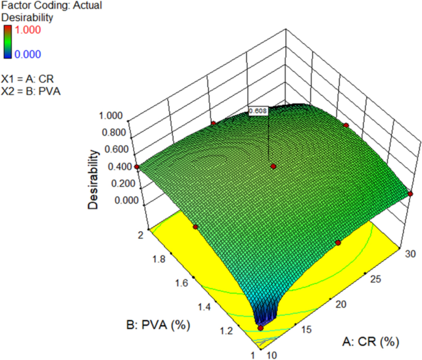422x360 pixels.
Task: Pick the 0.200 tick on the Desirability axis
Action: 118,183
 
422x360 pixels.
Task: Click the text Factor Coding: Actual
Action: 51,6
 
